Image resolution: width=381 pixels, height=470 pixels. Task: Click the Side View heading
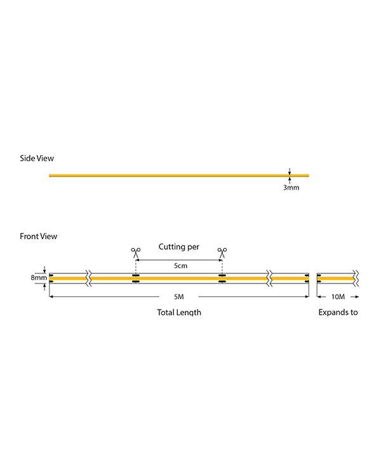(x=37, y=159)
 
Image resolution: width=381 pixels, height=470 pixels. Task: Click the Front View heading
(x=38, y=236)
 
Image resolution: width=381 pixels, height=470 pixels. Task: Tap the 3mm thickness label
(x=291, y=188)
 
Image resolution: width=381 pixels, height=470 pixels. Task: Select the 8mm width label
(x=39, y=278)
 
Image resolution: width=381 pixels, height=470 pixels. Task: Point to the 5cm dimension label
(x=180, y=266)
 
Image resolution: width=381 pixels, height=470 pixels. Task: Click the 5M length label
(x=179, y=297)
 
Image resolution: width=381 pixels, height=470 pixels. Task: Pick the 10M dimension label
(x=338, y=297)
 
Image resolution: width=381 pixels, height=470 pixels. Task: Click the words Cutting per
(x=179, y=247)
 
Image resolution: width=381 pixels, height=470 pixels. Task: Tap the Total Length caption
(x=179, y=312)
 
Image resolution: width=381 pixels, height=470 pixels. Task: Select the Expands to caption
(x=338, y=312)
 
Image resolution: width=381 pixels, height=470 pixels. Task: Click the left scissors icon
(x=136, y=252)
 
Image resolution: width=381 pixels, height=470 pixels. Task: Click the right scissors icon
(x=222, y=252)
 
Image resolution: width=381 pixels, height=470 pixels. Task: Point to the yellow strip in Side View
(x=179, y=175)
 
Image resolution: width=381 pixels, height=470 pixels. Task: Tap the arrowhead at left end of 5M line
(x=51, y=296)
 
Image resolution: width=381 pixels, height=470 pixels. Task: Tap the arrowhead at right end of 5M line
(x=307, y=296)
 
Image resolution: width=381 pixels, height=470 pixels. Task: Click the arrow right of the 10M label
(x=354, y=297)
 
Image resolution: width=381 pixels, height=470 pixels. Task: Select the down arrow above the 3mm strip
(x=290, y=171)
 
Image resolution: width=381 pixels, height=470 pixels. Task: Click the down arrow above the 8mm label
(x=44, y=270)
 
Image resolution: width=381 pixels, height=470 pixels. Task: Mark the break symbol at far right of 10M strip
(x=356, y=278)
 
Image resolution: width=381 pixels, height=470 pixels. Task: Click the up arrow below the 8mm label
(x=44, y=287)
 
